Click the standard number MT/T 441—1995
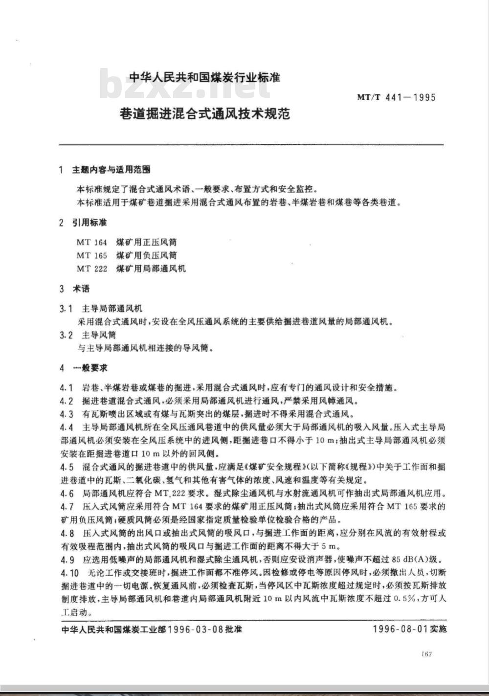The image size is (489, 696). [x=396, y=97]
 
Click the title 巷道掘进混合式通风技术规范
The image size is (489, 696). [x=205, y=113]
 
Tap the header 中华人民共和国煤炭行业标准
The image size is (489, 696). [x=204, y=77]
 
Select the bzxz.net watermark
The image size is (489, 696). [x=186, y=86]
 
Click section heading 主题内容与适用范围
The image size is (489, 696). [x=111, y=170]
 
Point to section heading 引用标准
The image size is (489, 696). [x=89, y=223]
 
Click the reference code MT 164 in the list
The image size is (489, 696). [x=91, y=242]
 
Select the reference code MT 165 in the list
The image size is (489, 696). [x=91, y=255]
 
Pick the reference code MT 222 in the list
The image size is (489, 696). [x=91, y=269]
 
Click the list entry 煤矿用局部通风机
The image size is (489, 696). [x=151, y=269]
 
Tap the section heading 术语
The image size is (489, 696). [x=81, y=289]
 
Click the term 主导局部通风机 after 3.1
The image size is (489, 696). [x=112, y=309]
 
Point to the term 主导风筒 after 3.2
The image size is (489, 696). [x=99, y=335]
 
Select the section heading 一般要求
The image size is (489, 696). [x=90, y=368]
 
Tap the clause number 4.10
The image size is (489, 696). [x=69, y=573]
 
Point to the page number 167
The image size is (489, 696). [x=426, y=654]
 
